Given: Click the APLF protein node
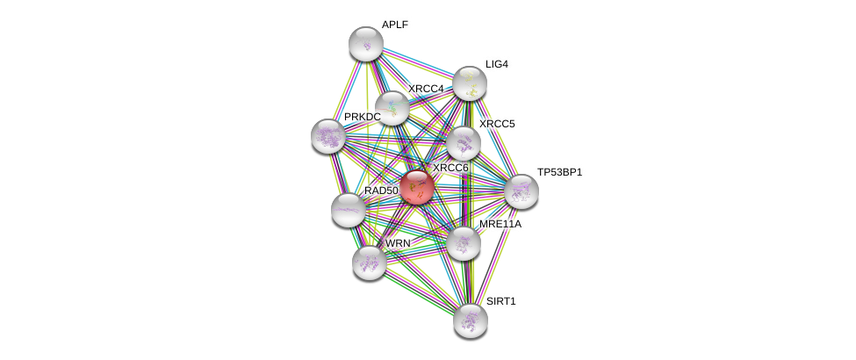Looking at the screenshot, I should (366, 44).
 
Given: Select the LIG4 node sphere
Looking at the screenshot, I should (470, 83).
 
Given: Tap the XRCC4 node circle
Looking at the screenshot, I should (392, 108).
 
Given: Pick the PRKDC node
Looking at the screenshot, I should (328, 136).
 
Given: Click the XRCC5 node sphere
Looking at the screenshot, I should (463, 143).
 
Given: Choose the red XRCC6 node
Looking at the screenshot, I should (417, 187).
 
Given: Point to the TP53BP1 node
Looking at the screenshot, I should (521, 191).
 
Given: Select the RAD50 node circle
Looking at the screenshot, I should (349, 210).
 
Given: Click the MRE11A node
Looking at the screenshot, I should (463, 243).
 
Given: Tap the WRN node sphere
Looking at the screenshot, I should (370, 262).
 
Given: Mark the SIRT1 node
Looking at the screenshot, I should (470, 320).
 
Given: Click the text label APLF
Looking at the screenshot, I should (394, 25).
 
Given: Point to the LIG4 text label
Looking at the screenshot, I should (496, 64).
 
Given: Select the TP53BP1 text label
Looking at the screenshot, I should (559, 172).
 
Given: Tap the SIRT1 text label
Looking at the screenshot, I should (500, 301).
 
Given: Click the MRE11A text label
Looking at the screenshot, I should (500, 224).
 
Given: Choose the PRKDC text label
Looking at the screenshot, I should (362, 117).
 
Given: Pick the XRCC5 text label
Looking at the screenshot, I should (497, 124).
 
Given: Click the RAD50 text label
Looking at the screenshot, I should (381, 191).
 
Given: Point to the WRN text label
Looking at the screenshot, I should (398, 243).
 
